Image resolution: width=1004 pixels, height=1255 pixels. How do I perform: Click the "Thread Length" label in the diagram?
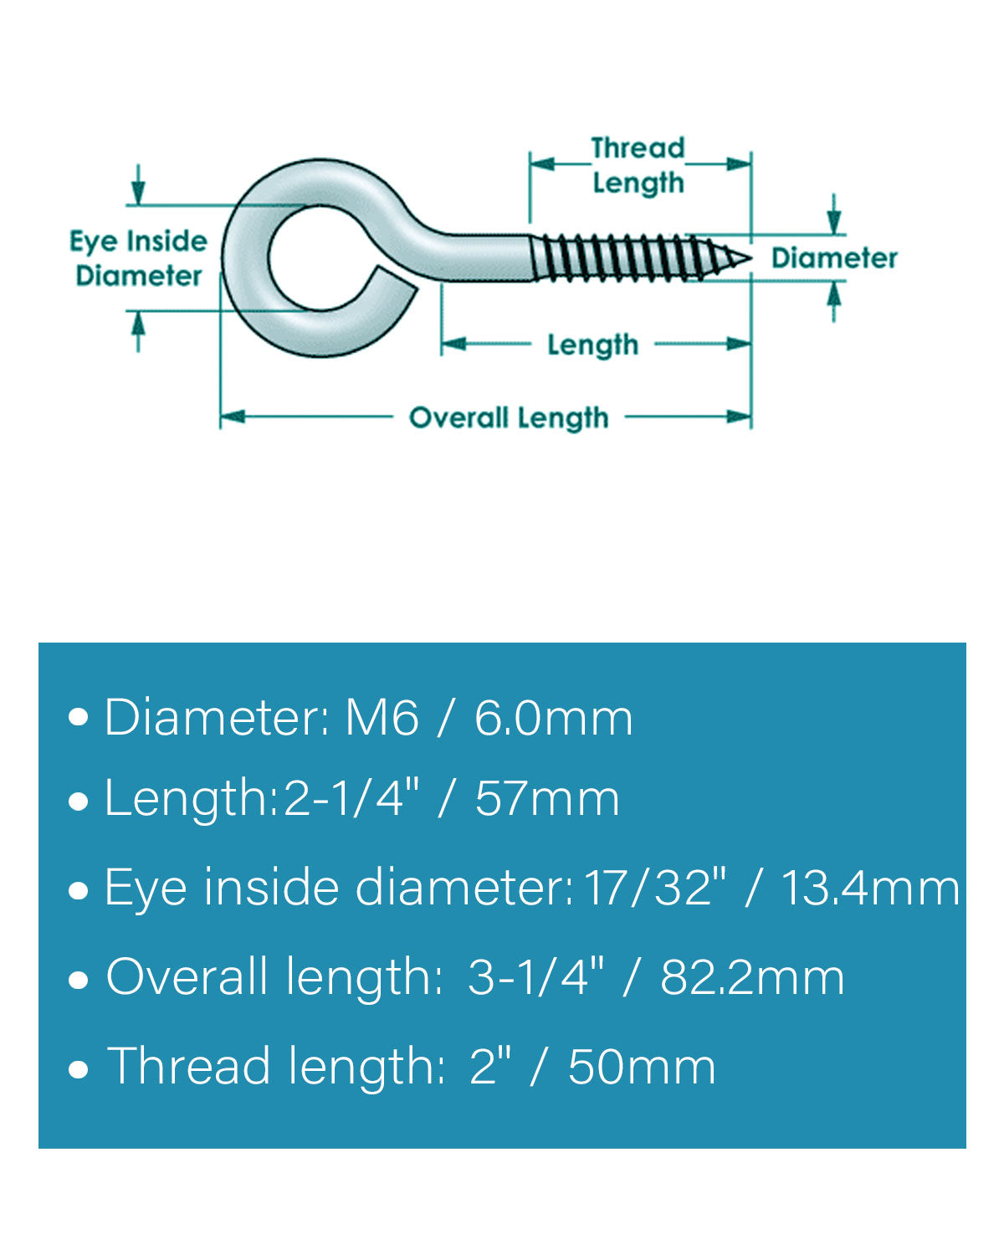tap(638, 166)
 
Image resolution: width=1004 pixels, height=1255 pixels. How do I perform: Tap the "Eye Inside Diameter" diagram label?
tap(138, 259)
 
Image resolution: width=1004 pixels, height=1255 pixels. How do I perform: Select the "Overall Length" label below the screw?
tap(509, 417)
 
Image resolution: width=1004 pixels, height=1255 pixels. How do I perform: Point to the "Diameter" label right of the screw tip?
tap(834, 258)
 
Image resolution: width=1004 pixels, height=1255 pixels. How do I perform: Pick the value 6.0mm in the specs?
tap(554, 719)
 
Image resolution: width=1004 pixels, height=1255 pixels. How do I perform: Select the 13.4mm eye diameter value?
tap(869, 889)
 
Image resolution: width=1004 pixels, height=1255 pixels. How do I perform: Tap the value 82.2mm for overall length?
tap(752, 977)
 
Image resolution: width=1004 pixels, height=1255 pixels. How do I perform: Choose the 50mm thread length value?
tap(642, 1067)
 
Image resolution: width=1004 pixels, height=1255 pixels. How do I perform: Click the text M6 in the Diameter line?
tap(382, 719)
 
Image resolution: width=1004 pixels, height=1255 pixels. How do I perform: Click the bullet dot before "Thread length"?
tap(78, 1069)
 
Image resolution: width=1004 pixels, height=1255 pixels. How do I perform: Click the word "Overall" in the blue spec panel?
tap(187, 977)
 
